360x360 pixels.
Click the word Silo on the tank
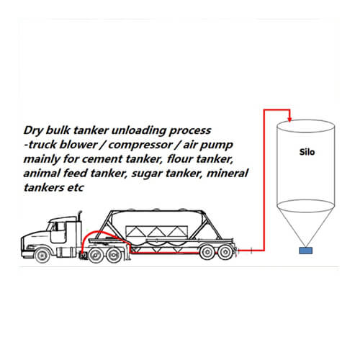307,152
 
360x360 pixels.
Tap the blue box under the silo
306,251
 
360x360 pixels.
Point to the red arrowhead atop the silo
289,120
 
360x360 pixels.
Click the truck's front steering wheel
42,256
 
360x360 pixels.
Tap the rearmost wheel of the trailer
225,252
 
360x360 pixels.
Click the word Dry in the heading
33,130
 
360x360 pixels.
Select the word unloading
139,130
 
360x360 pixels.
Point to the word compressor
140,145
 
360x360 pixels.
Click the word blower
78,145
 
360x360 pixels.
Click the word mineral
228,173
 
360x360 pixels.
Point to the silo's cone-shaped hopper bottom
305,223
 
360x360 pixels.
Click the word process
190,131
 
